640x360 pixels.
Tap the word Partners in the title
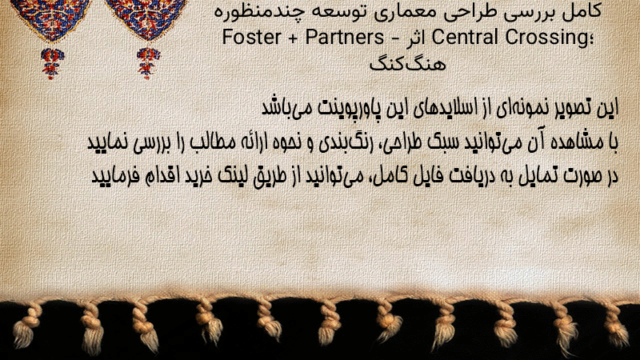[345, 37]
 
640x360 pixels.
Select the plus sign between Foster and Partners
[294, 38]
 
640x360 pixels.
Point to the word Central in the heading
[465, 37]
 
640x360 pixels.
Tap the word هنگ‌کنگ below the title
[407, 64]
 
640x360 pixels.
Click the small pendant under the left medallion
[52, 64]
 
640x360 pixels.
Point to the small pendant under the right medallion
[148, 63]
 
